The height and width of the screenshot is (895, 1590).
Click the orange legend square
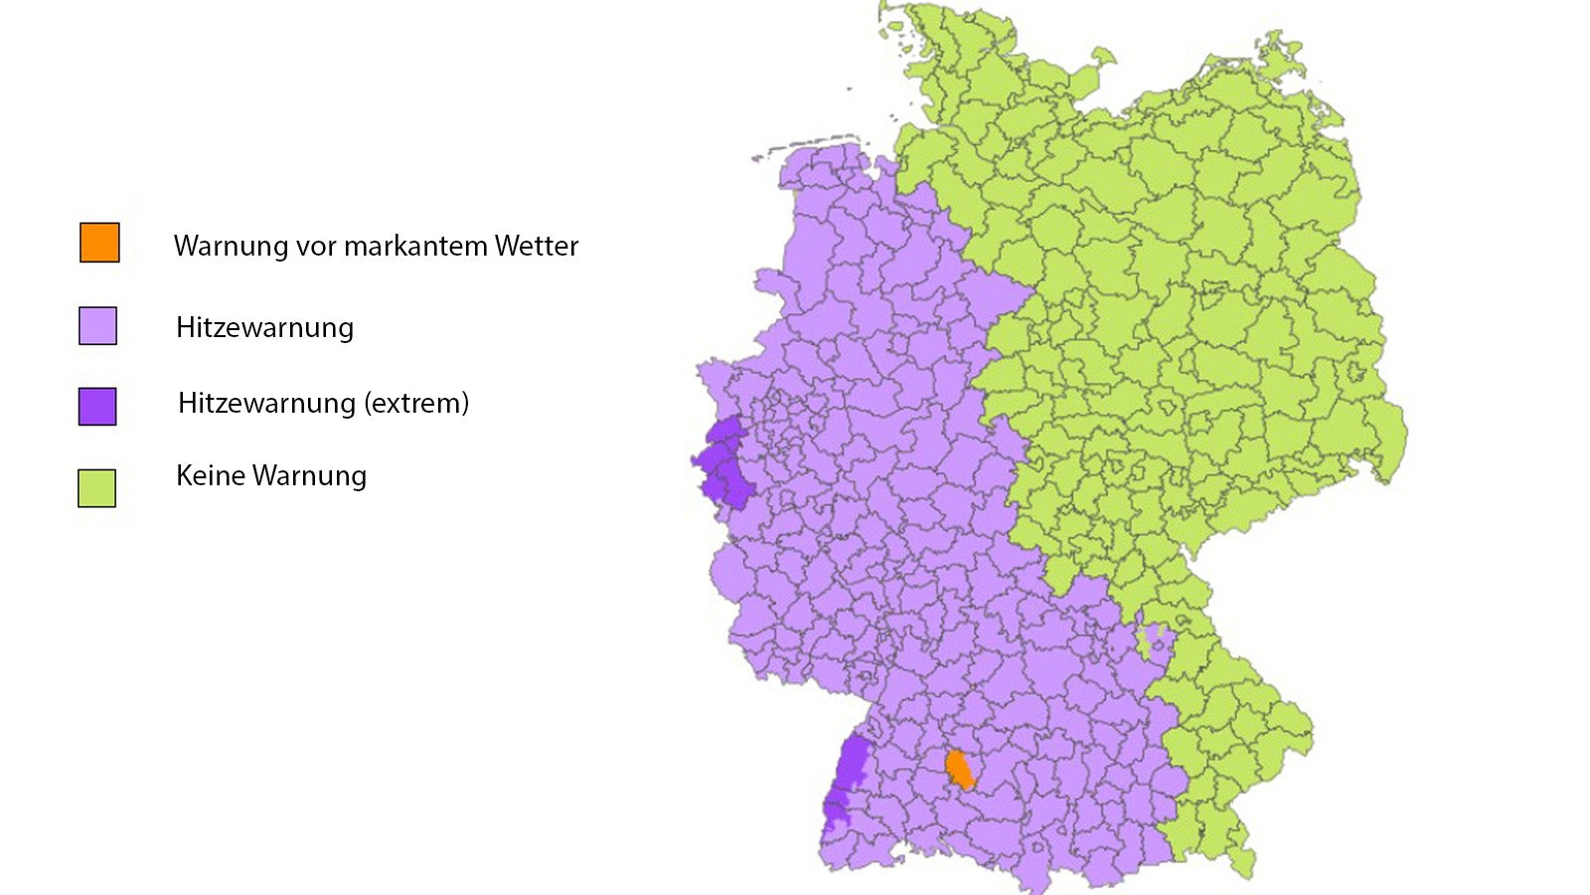[99, 243]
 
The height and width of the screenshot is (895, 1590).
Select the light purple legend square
[97, 326]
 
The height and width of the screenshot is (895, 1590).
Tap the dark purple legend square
[97, 406]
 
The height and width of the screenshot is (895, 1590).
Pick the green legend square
[96, 488]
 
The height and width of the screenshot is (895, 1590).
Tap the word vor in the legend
[316, 247]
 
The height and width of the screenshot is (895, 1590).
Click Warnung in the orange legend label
[231, 247]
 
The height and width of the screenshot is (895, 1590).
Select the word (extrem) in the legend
[416, 404]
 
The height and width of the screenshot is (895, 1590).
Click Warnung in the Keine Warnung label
[309, 476]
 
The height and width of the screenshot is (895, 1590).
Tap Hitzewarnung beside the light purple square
[264, 328]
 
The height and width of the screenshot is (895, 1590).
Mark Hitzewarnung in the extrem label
[266, 404]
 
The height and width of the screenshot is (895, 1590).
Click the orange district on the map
[959, 770]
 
